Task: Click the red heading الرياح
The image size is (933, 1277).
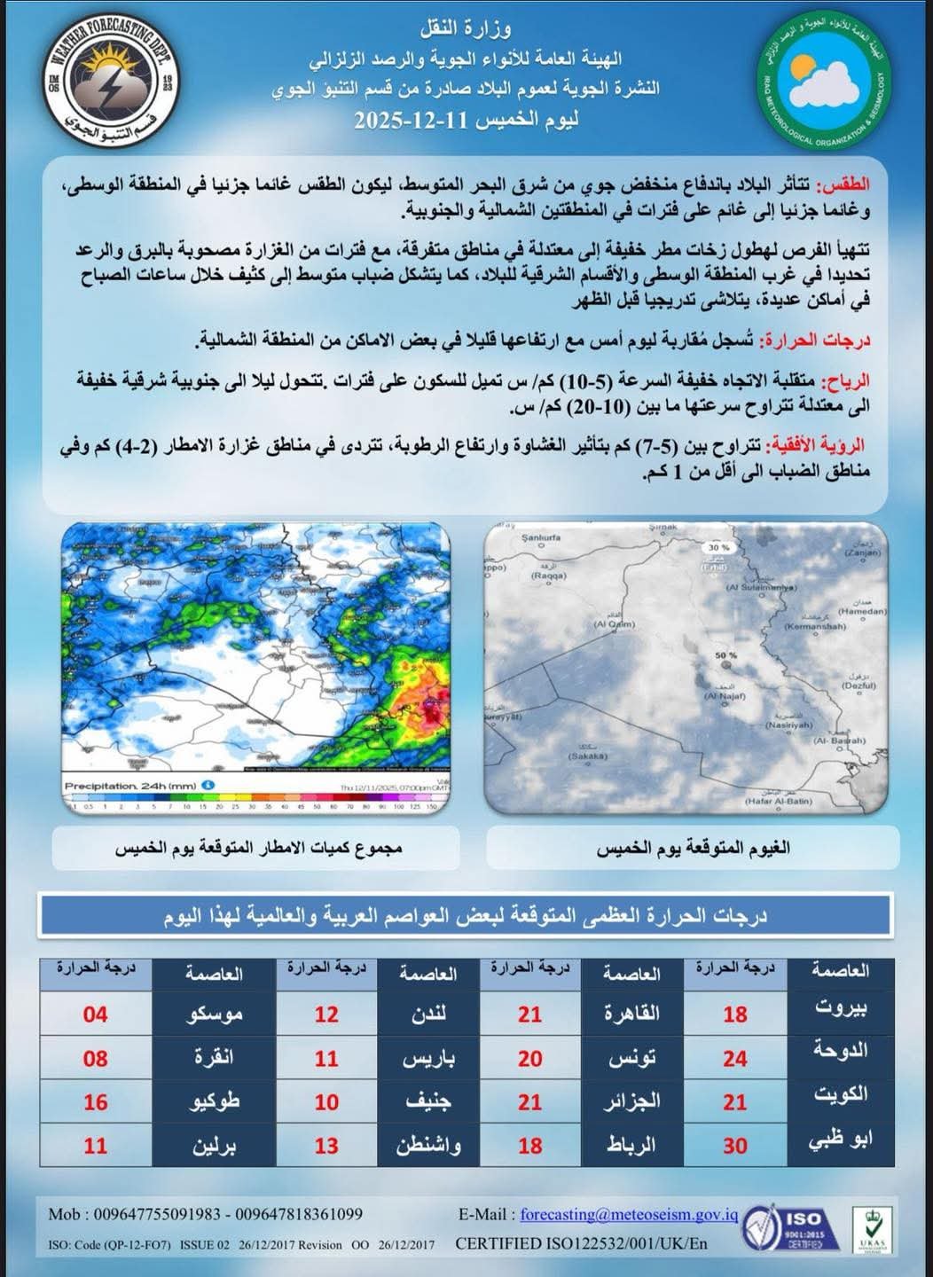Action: (847, 381)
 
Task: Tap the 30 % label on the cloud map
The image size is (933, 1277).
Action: (717, 548)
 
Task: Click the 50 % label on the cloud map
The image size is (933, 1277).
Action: (725, 655)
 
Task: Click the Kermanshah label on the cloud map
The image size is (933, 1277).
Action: (815, 626)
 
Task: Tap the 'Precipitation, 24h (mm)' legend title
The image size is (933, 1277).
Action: (130, 786)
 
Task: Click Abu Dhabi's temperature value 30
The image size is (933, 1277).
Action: (734, 1146)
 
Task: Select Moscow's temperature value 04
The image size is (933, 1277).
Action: (96, 1014)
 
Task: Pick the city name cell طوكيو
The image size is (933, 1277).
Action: (216, 1101)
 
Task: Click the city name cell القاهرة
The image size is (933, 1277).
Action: (631, 1014)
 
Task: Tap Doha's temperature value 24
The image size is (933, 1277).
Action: (734, 1058)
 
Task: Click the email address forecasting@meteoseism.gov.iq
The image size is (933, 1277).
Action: (629, 1215)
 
